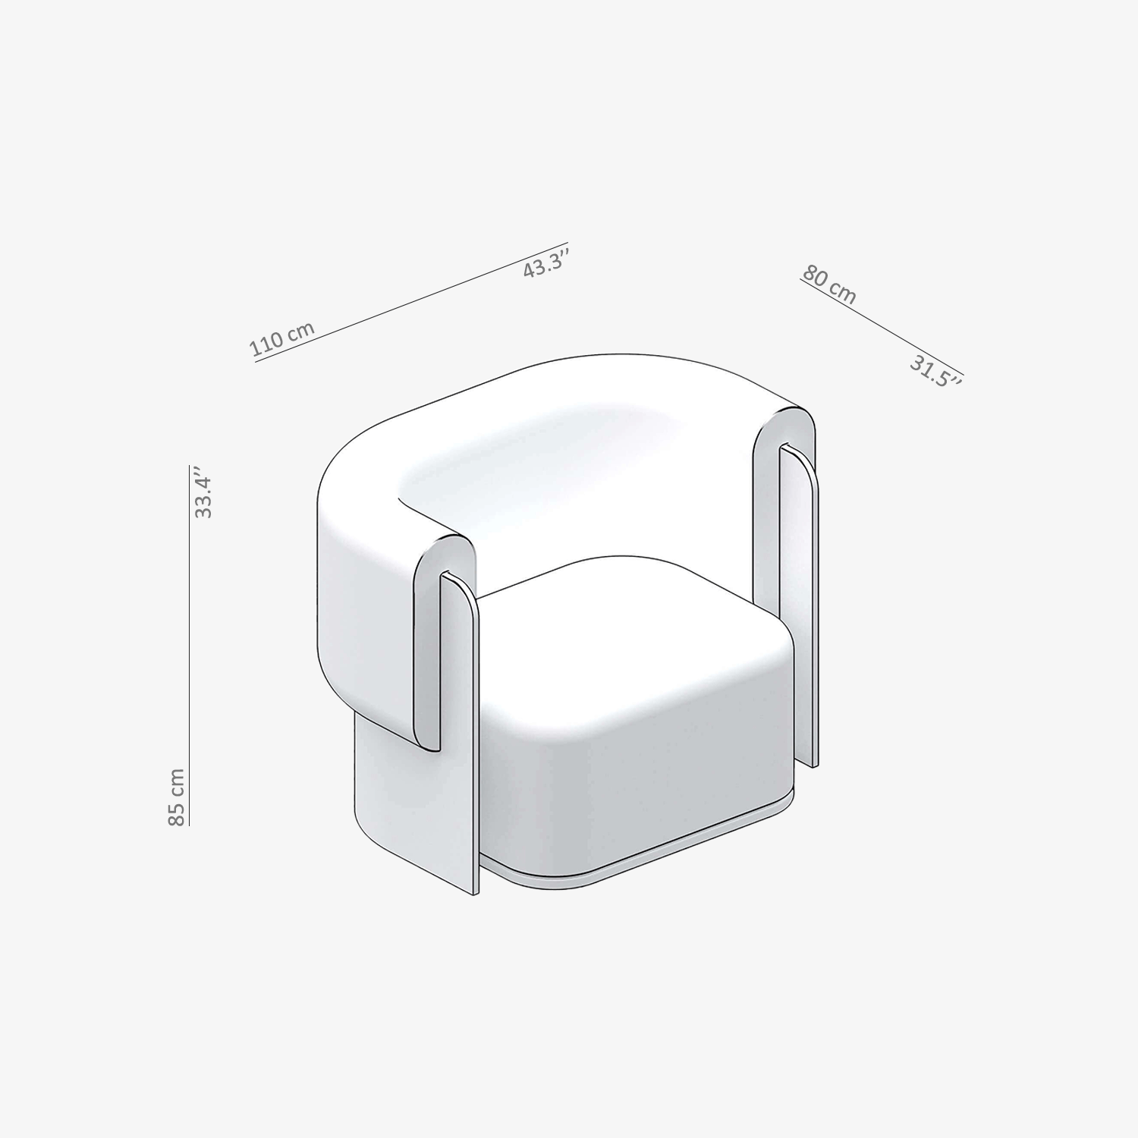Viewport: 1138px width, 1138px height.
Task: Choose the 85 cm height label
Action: [175, 797]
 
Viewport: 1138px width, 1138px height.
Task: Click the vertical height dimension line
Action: [189, 644]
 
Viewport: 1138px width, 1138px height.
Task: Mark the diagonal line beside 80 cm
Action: [881, 328]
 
